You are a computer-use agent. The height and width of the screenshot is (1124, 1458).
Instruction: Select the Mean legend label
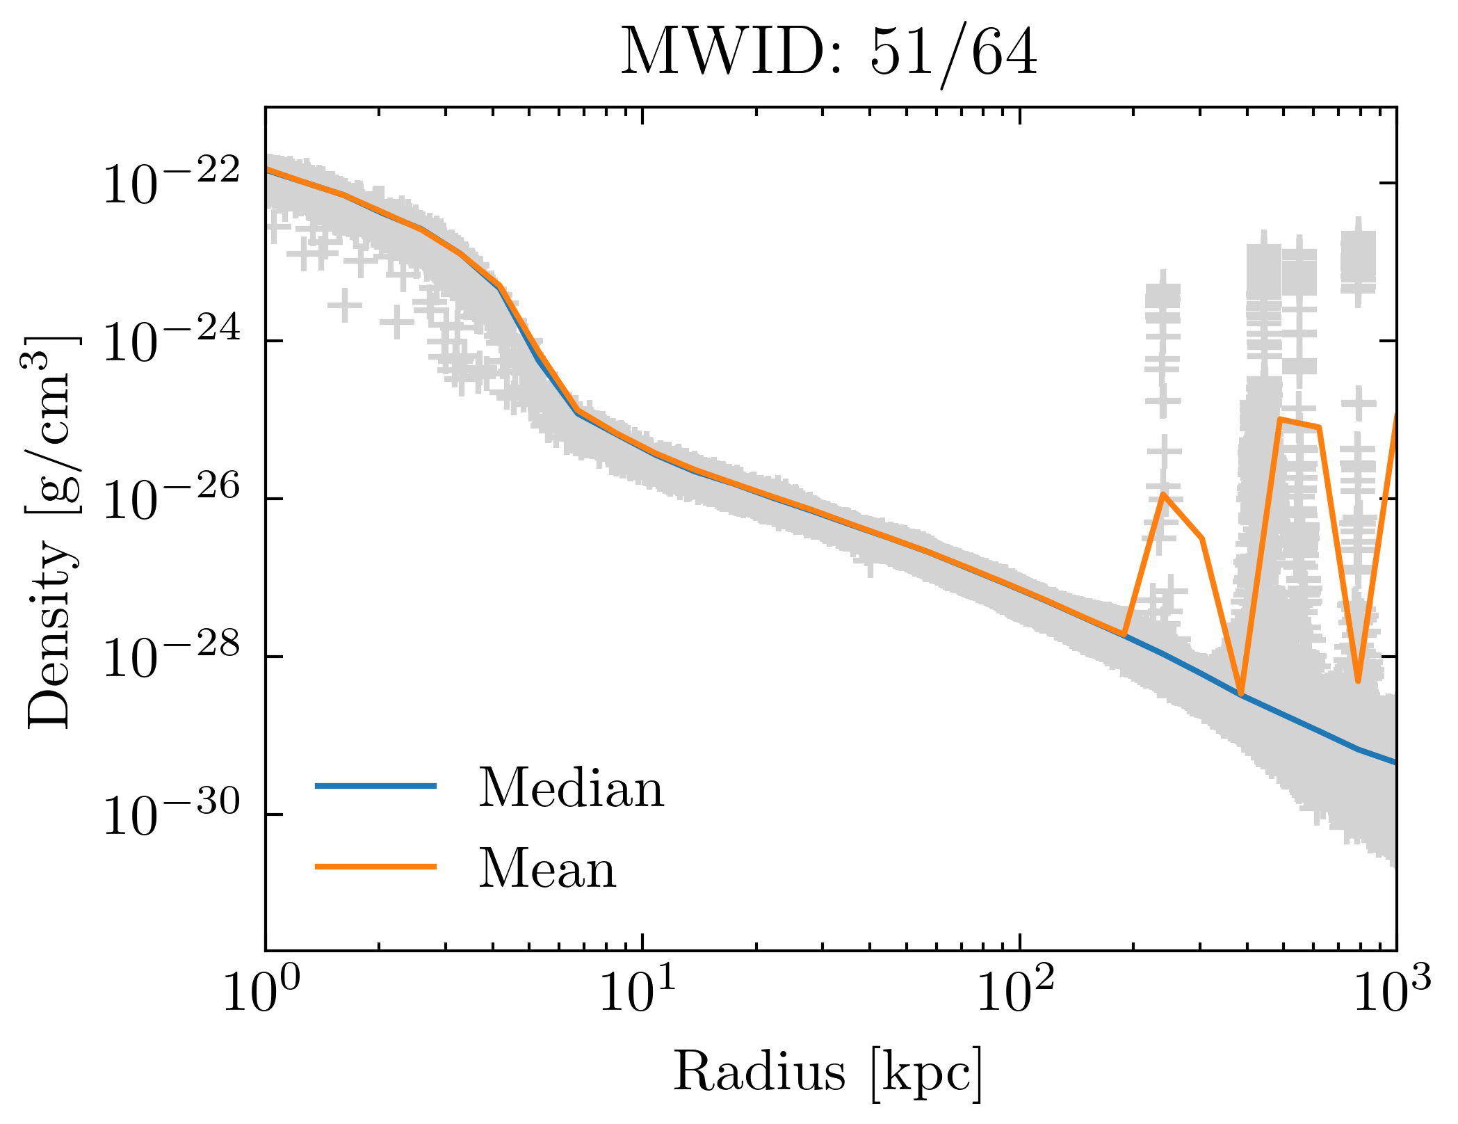coord(547,869)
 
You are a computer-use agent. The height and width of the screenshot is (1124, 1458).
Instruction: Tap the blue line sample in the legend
coord(375,786)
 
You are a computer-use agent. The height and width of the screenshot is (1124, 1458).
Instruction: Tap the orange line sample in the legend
coord(375,867)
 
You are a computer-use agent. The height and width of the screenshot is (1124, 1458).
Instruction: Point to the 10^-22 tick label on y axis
coord(171,183)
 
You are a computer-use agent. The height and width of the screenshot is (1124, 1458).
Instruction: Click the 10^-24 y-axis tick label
coord(171,341)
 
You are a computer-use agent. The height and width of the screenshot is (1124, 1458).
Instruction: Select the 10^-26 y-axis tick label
coord(171,499)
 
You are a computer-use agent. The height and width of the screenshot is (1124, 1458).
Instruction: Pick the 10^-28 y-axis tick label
coord(171,657)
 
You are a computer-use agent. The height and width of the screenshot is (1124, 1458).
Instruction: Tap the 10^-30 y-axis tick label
coord(171,814)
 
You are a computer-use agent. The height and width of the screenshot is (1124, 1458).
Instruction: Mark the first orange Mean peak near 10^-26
coord(1163,495)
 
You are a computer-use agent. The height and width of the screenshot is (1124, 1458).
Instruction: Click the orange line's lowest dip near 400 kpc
coord(1241,693)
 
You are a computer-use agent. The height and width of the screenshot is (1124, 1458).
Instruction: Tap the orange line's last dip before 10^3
coord(1358,681)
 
